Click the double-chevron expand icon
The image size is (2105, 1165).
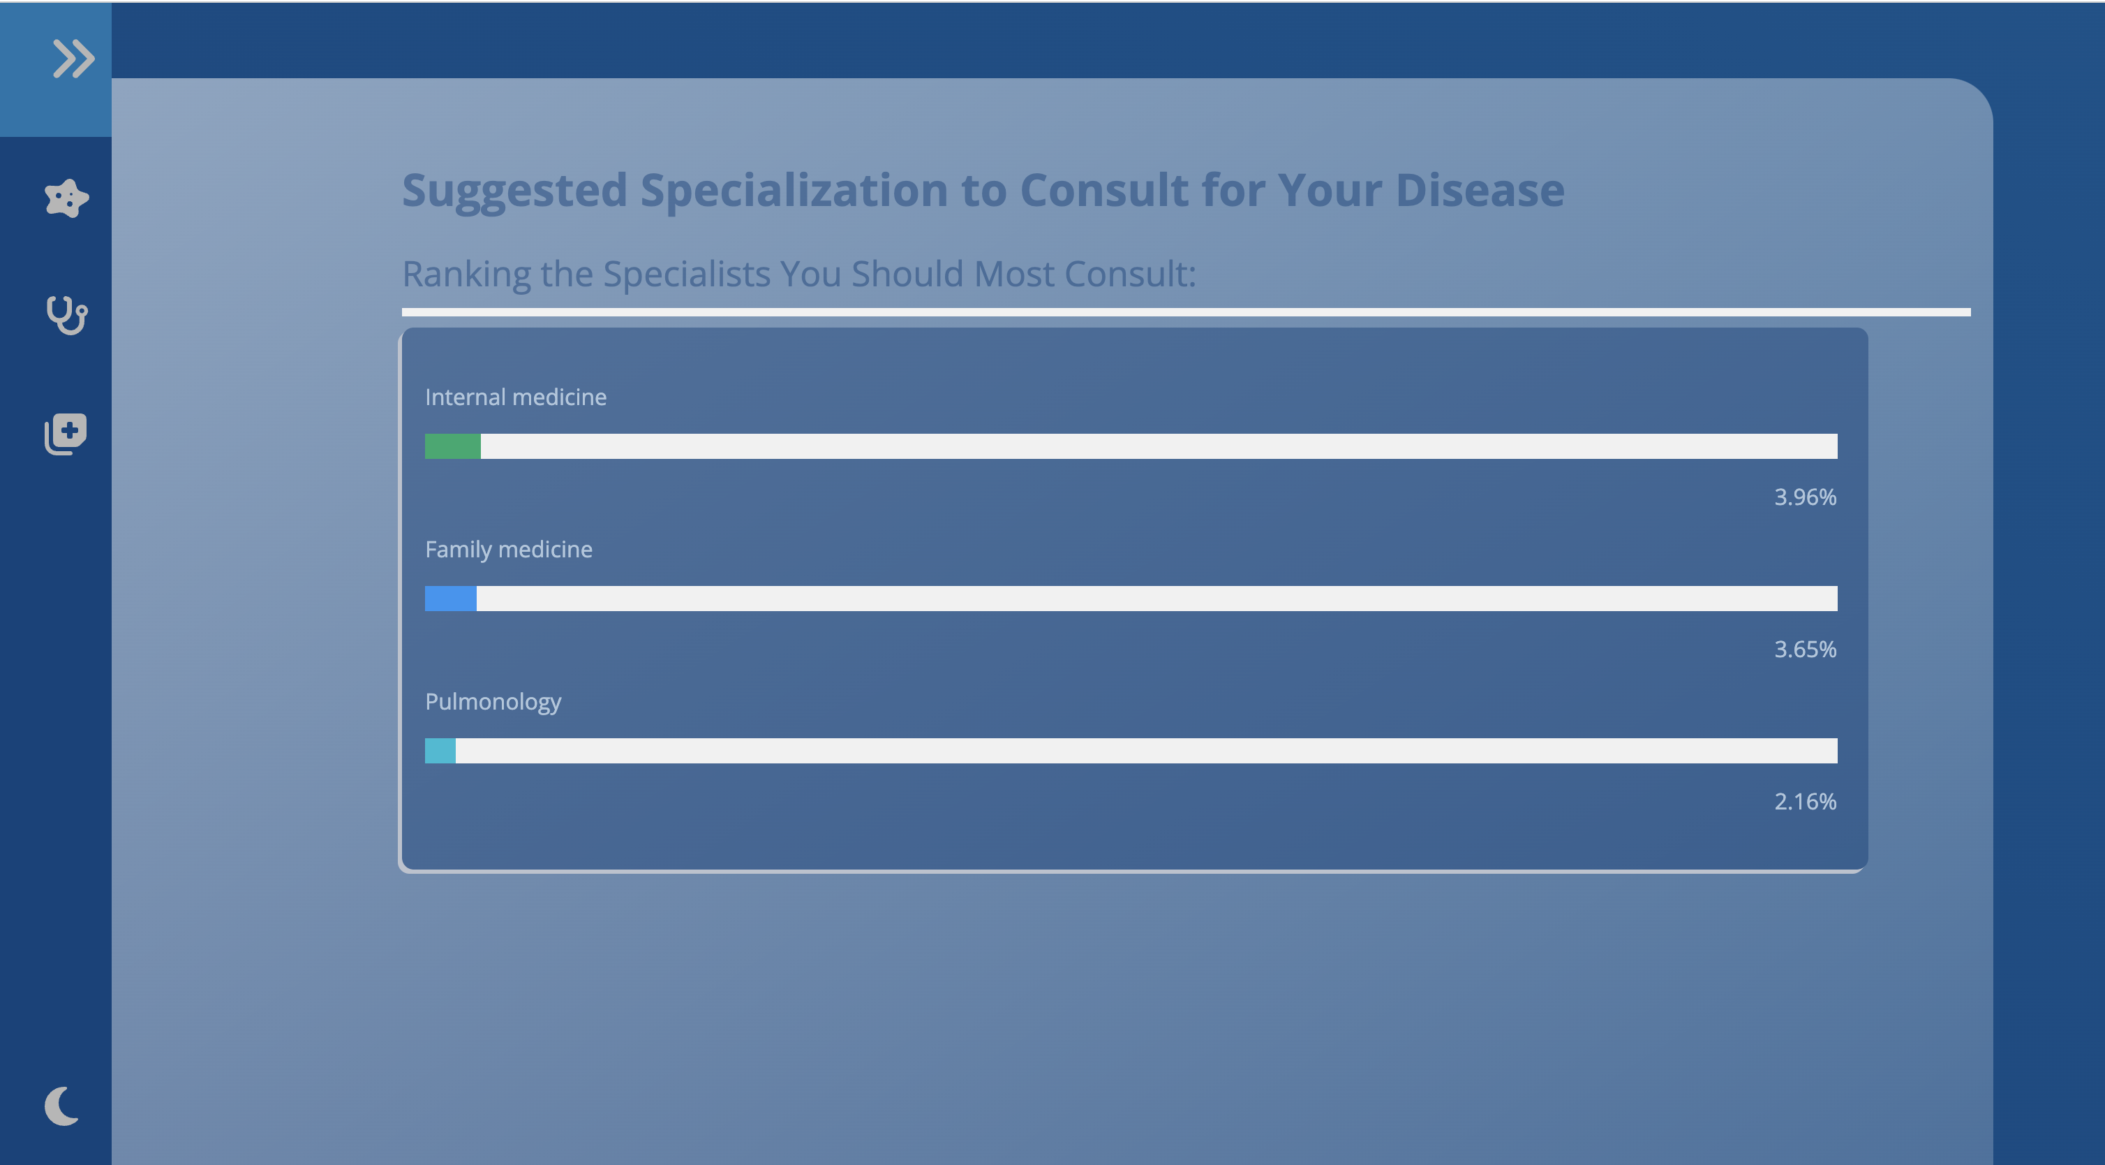click(73, 59)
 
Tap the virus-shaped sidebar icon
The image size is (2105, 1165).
click(66, 198)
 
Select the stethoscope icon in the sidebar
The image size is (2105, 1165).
click(66, 316)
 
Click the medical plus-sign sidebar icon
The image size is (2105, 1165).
click(66, 433)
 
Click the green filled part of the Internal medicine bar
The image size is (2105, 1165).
click(453, 446)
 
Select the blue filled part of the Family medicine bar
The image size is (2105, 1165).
click(450, 599)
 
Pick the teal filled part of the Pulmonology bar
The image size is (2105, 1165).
click(440, 751)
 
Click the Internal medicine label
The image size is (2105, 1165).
click(516, 397)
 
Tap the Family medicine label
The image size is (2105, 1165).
click(509, 550)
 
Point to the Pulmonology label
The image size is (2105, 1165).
click(493, 702)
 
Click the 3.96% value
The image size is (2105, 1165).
click(1805, 497)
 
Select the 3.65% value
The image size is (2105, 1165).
click(1805, 649)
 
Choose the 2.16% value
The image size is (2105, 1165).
click(1805, 801)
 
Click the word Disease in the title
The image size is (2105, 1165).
click(1480, 191)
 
